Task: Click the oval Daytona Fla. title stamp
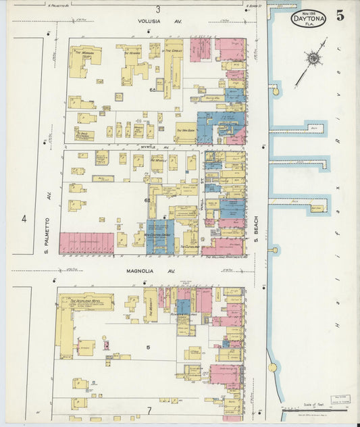coord(309,19)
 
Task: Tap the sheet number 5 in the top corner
coord(340,16)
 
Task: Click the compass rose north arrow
coord(313,59)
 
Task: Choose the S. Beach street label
coord(257,230)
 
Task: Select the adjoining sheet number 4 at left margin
coord(24,219)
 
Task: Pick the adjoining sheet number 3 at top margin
coord(158,9)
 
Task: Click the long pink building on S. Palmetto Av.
coord(86,243)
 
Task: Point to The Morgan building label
coord(88,52)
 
